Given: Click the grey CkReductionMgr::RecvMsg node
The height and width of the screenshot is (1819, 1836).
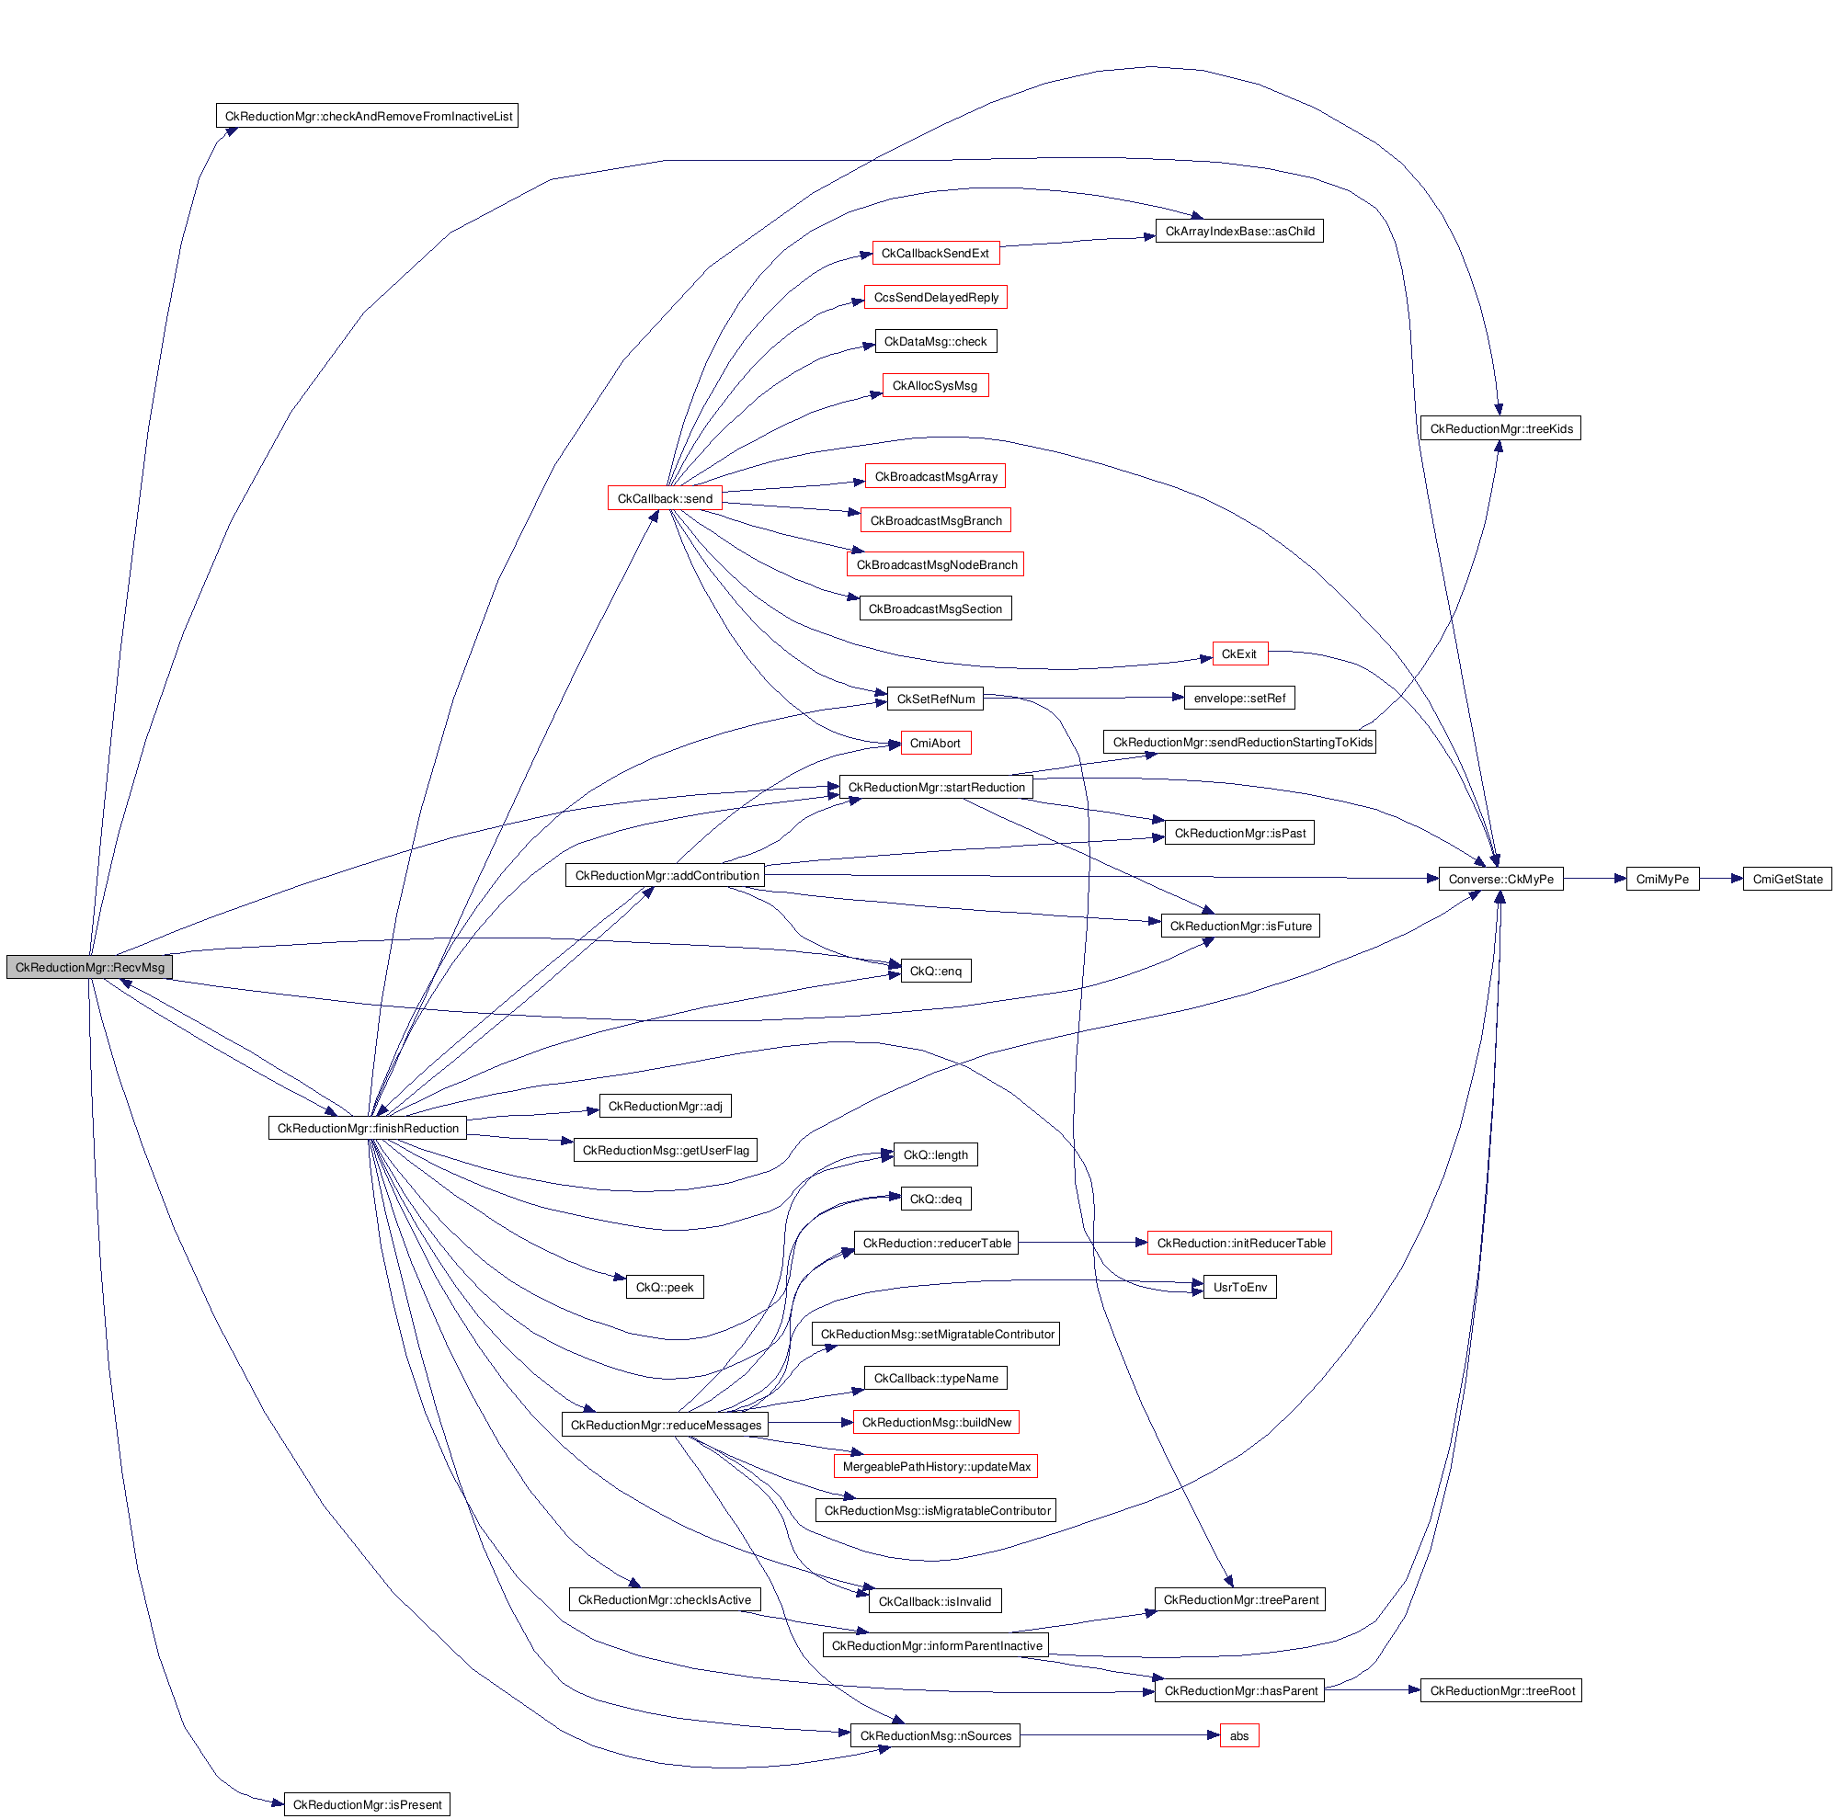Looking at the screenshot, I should click(x=89, y=967).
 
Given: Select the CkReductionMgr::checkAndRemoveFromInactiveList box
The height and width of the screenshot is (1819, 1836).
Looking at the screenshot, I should click(x=367, y=116).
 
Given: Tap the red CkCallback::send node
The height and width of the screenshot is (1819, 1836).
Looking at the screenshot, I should click(x=665, y=499).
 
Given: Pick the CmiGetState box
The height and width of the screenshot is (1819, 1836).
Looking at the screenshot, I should click(x=1786, y=879).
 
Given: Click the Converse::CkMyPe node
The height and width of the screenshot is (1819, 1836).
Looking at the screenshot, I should click(x=1500, y=879).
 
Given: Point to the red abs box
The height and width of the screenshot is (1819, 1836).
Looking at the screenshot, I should click(x=1239, y=1735).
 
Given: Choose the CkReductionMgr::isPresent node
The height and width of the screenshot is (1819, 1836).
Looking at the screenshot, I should click(x=367, y=1803).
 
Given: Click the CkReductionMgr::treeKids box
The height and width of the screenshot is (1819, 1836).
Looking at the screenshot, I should click(x=1500, y=428).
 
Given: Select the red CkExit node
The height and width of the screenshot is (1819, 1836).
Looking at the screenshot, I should click(x=1239, y=654).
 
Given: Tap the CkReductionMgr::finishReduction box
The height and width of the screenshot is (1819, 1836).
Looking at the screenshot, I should click(x=368, y=1128).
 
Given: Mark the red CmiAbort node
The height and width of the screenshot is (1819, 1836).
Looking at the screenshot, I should click(x=935, y=743).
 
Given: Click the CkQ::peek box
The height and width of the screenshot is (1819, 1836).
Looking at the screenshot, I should click(x=665, y=1287).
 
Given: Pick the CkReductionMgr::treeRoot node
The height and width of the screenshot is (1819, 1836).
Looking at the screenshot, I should click(x=1501, y=1689).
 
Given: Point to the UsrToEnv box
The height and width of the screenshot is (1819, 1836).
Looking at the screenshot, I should click(x=1239, y=1287).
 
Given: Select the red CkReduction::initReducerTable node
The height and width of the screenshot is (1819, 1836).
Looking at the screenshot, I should click(x=1240, y=1243).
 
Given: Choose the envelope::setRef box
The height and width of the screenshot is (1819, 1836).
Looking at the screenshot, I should click(x=1239, y=699).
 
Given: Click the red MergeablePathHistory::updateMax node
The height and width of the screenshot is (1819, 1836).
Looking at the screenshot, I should click(x=936, y=1466).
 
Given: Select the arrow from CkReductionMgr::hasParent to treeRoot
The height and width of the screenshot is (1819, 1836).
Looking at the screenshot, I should click(x=1373, y=1689).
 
